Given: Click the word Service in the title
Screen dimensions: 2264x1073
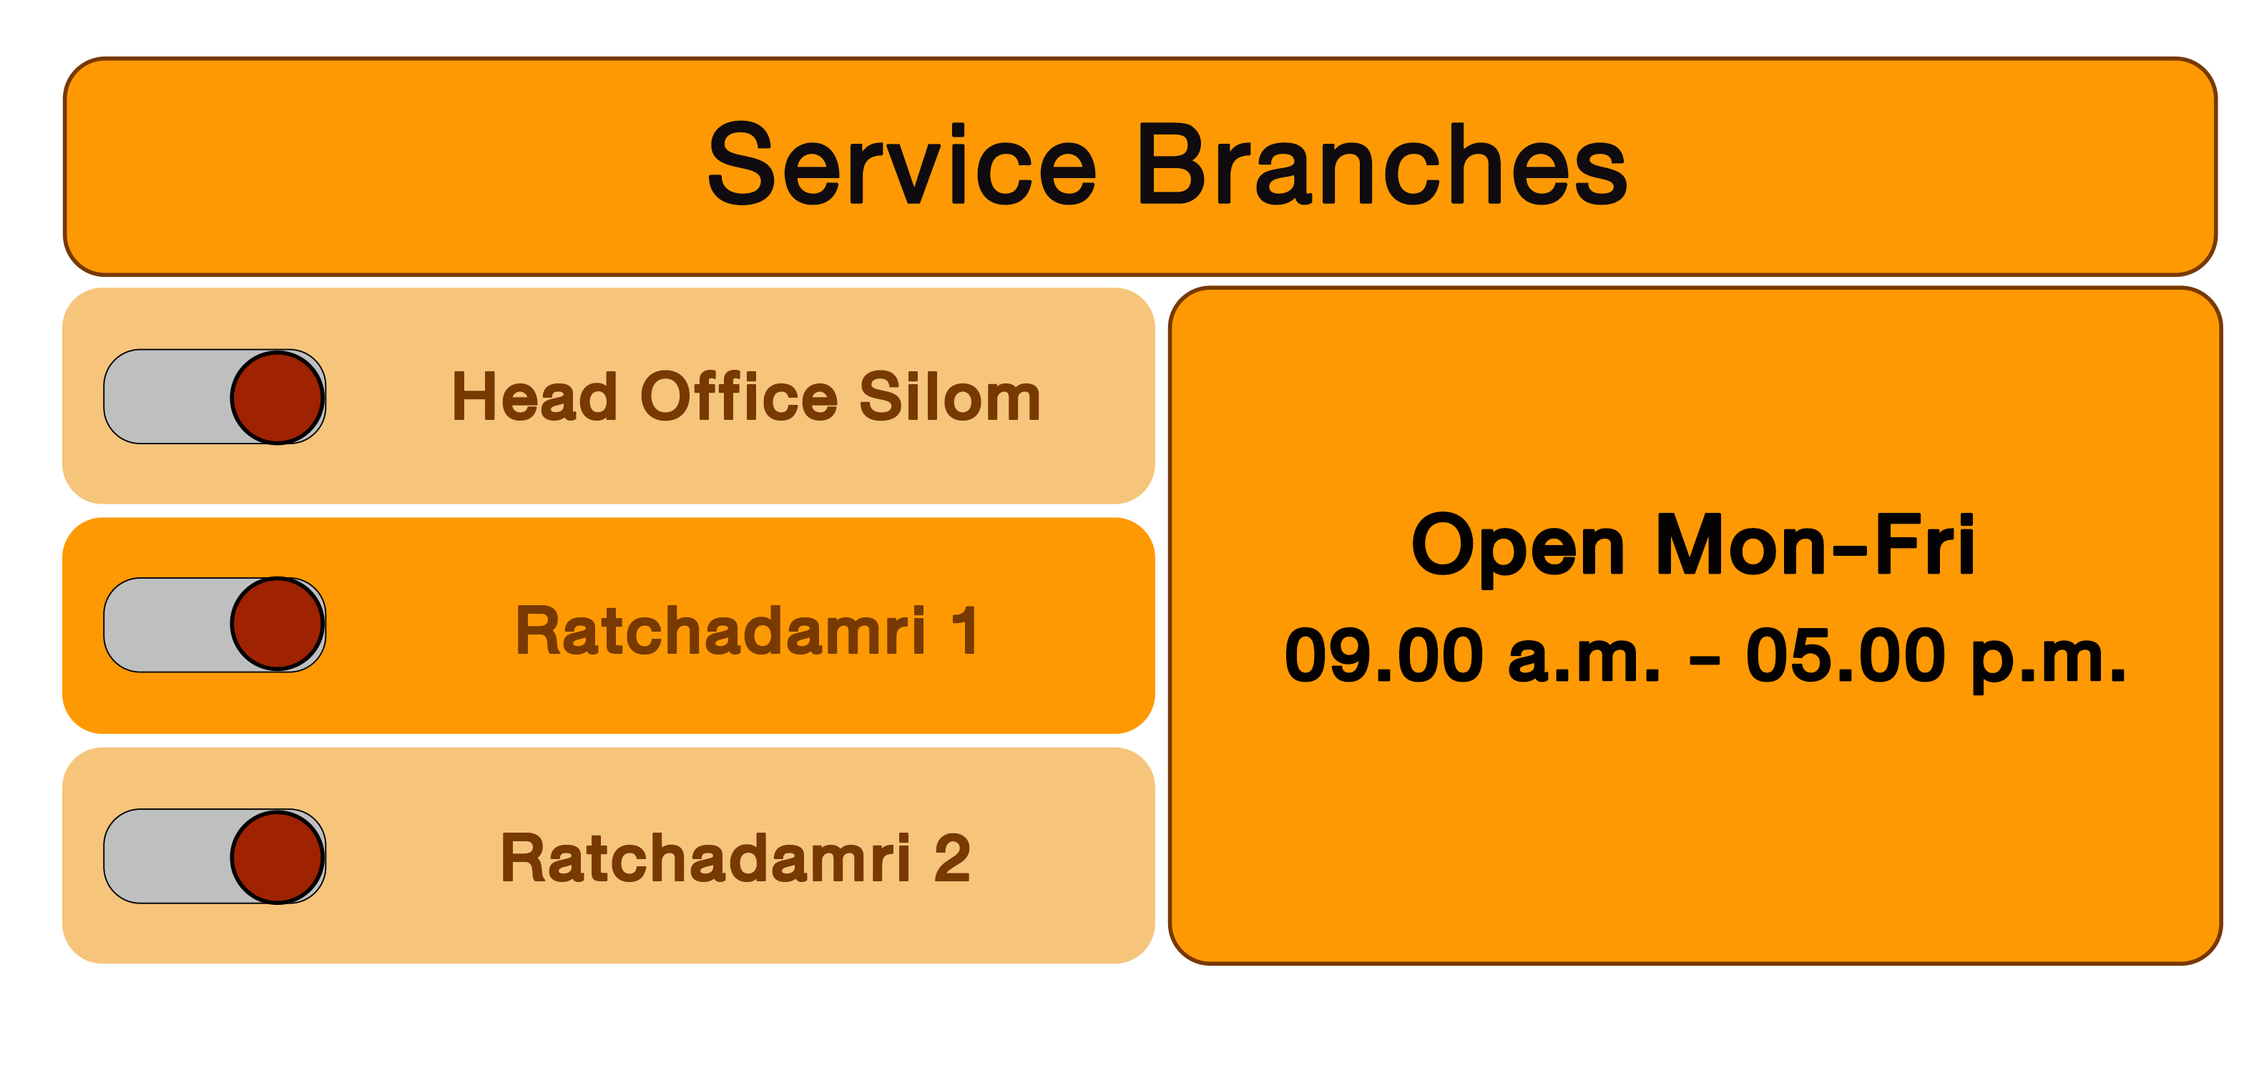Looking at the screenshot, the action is [903, 165].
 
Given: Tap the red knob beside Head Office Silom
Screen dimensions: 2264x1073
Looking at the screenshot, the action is [278, 397].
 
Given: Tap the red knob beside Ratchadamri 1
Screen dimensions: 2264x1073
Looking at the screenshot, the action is [278, 624].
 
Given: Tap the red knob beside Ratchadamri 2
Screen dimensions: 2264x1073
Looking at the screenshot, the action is [278, 857].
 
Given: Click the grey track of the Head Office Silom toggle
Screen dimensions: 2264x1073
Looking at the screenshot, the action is [167, 396].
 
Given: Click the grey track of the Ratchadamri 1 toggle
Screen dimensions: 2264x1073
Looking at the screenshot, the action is [167, 624].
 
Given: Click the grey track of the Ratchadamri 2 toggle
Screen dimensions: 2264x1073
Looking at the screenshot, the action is [167, 856].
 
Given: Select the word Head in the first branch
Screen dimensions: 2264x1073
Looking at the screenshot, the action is [534, 396].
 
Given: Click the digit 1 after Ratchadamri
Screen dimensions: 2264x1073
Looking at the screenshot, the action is [965, 630].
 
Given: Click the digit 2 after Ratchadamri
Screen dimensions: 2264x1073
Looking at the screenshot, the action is [952, 858].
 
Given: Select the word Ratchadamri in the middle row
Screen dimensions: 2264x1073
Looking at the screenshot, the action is [720, 630].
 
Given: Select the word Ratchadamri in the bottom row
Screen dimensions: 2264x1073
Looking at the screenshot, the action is [706, 858].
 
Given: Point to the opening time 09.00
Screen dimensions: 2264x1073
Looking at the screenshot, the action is [1384, 655].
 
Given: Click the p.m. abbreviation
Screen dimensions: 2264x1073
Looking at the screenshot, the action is [2049, 660].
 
